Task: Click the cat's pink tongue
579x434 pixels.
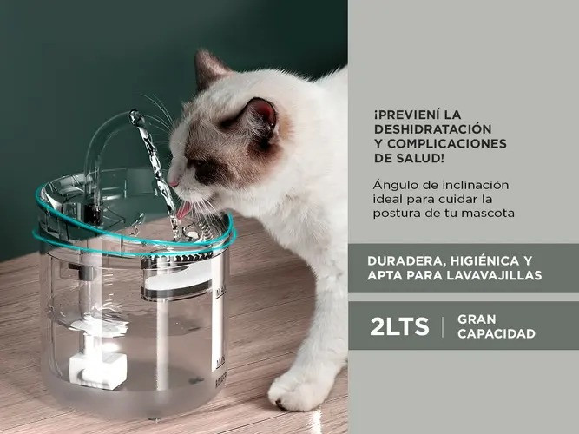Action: coord(183,209)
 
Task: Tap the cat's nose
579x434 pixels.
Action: coord(174,182)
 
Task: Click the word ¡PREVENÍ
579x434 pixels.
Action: coord(406,115)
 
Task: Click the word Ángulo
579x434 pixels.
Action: coord(395,184)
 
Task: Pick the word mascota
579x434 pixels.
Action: coord(484,213)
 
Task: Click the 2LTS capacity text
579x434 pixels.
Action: coord(399,326)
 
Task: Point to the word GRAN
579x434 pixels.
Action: coord(477,319)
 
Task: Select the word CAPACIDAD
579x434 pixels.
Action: coord(496,333)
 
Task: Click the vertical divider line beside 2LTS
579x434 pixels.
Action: coord(443,326)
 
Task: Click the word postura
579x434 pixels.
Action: coord(398,213)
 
